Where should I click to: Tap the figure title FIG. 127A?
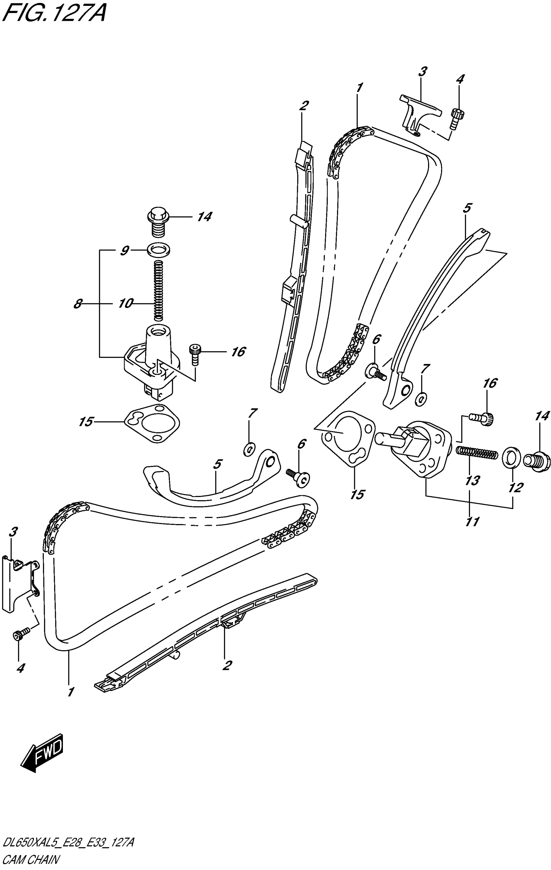[53, 14]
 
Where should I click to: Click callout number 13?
[472, 480]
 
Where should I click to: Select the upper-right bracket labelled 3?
[419, 112]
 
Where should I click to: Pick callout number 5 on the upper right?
[467, 208]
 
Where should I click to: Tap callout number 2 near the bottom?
[227, 665]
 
